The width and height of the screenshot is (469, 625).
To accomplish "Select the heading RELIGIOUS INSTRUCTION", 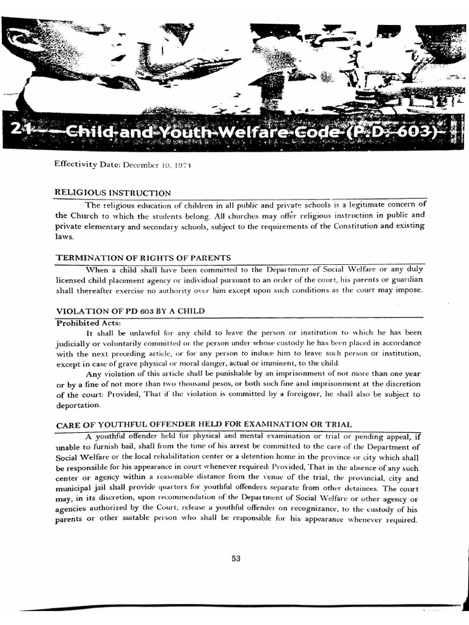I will pos(113,193).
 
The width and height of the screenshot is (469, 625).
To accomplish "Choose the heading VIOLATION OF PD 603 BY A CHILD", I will pos(130,311).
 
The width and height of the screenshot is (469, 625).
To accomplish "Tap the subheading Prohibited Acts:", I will pos(89,322).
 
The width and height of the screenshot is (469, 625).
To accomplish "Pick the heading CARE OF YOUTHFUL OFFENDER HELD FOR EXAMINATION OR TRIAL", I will pos(203,425).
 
